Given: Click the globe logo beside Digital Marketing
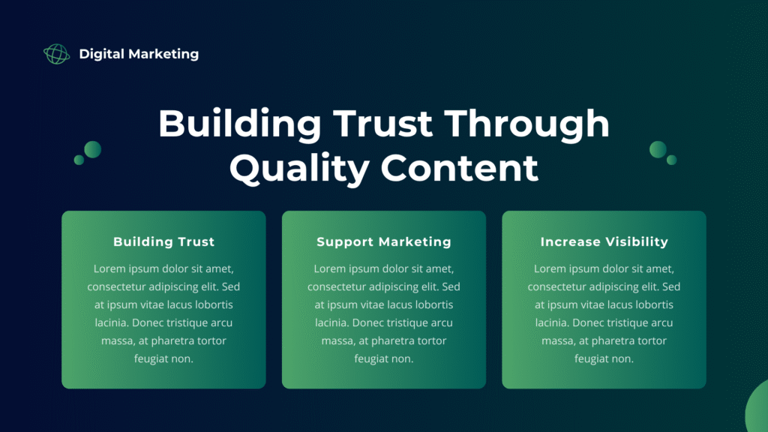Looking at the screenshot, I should pos(56,54).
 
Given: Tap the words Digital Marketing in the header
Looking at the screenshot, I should pos(139,54).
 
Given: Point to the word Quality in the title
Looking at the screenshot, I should pos(299,168).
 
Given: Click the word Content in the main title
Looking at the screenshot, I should pos(460,168).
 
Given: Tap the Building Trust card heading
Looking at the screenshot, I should pos(163,241).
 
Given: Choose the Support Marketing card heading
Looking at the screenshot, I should pos(384,241).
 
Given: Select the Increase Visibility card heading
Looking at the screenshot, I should pos(604,241).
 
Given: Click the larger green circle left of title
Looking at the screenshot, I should pos(92,149).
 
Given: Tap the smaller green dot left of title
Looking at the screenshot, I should pos(79,160).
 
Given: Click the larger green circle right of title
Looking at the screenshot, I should pos(658,149).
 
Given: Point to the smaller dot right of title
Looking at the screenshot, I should pos(672,160).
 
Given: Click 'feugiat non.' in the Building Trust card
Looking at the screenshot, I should pos(163,358).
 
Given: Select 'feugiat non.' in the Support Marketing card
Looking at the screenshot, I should pos(384,358).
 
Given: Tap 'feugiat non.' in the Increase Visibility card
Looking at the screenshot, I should pos(604,358).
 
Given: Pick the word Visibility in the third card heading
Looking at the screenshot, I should pos(635,241).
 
